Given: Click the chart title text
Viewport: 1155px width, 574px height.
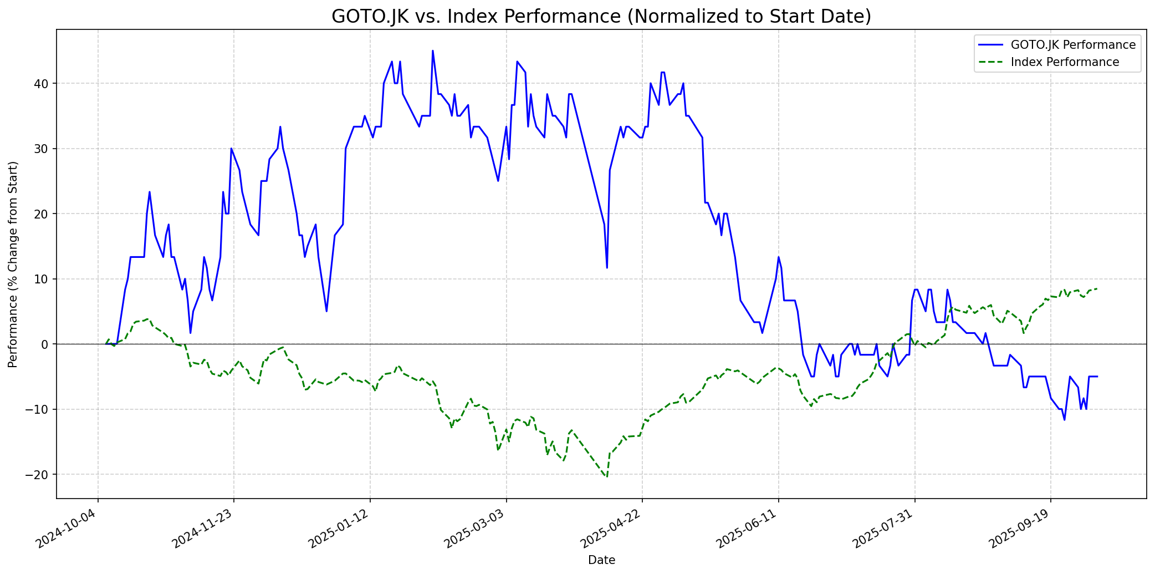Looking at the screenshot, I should tap(601, 17).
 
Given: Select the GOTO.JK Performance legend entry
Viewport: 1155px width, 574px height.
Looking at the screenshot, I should tap(1073, 45).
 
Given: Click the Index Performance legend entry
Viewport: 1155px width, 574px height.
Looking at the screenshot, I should tap(1065, 62).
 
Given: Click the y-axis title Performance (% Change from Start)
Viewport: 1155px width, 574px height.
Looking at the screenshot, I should tap(13, 265).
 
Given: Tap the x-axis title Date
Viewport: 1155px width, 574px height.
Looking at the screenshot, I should tap(601, 560).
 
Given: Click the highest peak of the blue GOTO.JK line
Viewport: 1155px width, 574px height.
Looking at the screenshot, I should tap(433, 51).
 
